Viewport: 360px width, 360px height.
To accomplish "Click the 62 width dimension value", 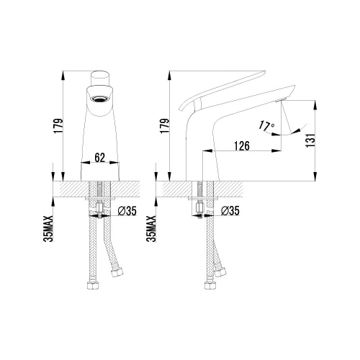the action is [x=100, y=158].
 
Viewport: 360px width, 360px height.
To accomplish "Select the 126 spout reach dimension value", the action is [x=242, y=146].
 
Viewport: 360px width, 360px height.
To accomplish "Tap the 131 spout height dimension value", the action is [x=310, y=140].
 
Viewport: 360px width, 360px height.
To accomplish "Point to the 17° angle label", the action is [x=266, y=126].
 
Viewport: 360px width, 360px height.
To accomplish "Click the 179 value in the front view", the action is [x=58, y=126].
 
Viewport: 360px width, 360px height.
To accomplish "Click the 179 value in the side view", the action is [x=165, y=126].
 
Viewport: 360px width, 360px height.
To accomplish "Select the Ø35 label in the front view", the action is [x=127, y=211].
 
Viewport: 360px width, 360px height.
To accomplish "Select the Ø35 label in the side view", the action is [x=230, y=211].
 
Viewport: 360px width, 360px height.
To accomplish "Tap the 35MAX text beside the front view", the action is [x=48, y=229].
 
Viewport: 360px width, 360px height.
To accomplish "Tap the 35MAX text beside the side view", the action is [x=151, y=229].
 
